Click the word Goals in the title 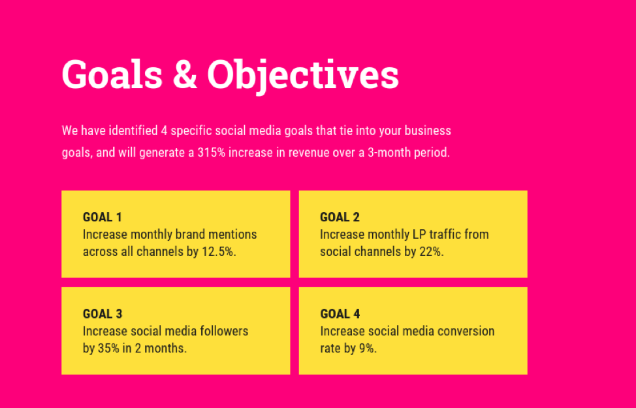112,74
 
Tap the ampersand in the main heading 185,74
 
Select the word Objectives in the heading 303,76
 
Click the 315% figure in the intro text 212,153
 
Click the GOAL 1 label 103,217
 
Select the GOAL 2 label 340,217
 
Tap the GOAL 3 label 103,314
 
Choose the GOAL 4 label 340,314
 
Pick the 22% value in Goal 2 432,252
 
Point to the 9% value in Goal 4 368,349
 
